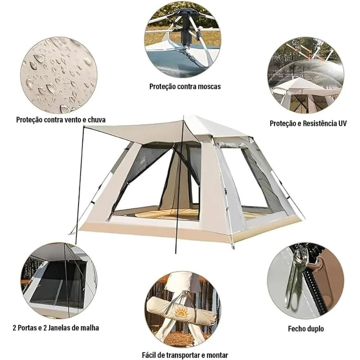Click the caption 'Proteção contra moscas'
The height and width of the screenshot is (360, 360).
point(185,86)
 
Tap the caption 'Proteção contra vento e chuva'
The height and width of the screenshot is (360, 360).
point(60,120)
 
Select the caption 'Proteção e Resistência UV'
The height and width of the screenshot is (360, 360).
point(308,123)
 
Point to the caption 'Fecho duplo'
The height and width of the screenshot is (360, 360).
point(306,328)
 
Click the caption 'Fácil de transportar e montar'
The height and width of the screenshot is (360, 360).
point(185,355)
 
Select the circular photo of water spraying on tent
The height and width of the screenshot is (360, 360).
point(305,76)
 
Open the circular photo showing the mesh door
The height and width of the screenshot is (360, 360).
point(59,280)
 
